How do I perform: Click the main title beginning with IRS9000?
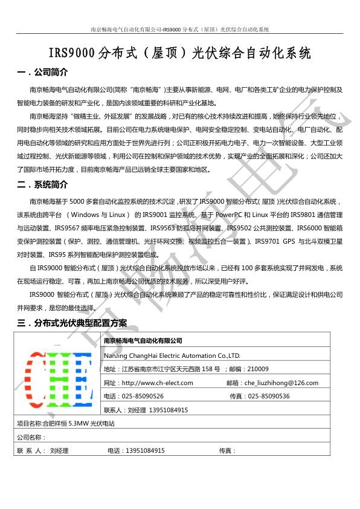179,53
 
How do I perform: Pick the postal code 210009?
258,369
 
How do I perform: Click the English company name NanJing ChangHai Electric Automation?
172,355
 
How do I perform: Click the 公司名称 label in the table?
31,437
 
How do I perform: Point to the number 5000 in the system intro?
80,201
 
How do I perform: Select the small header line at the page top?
179,29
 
